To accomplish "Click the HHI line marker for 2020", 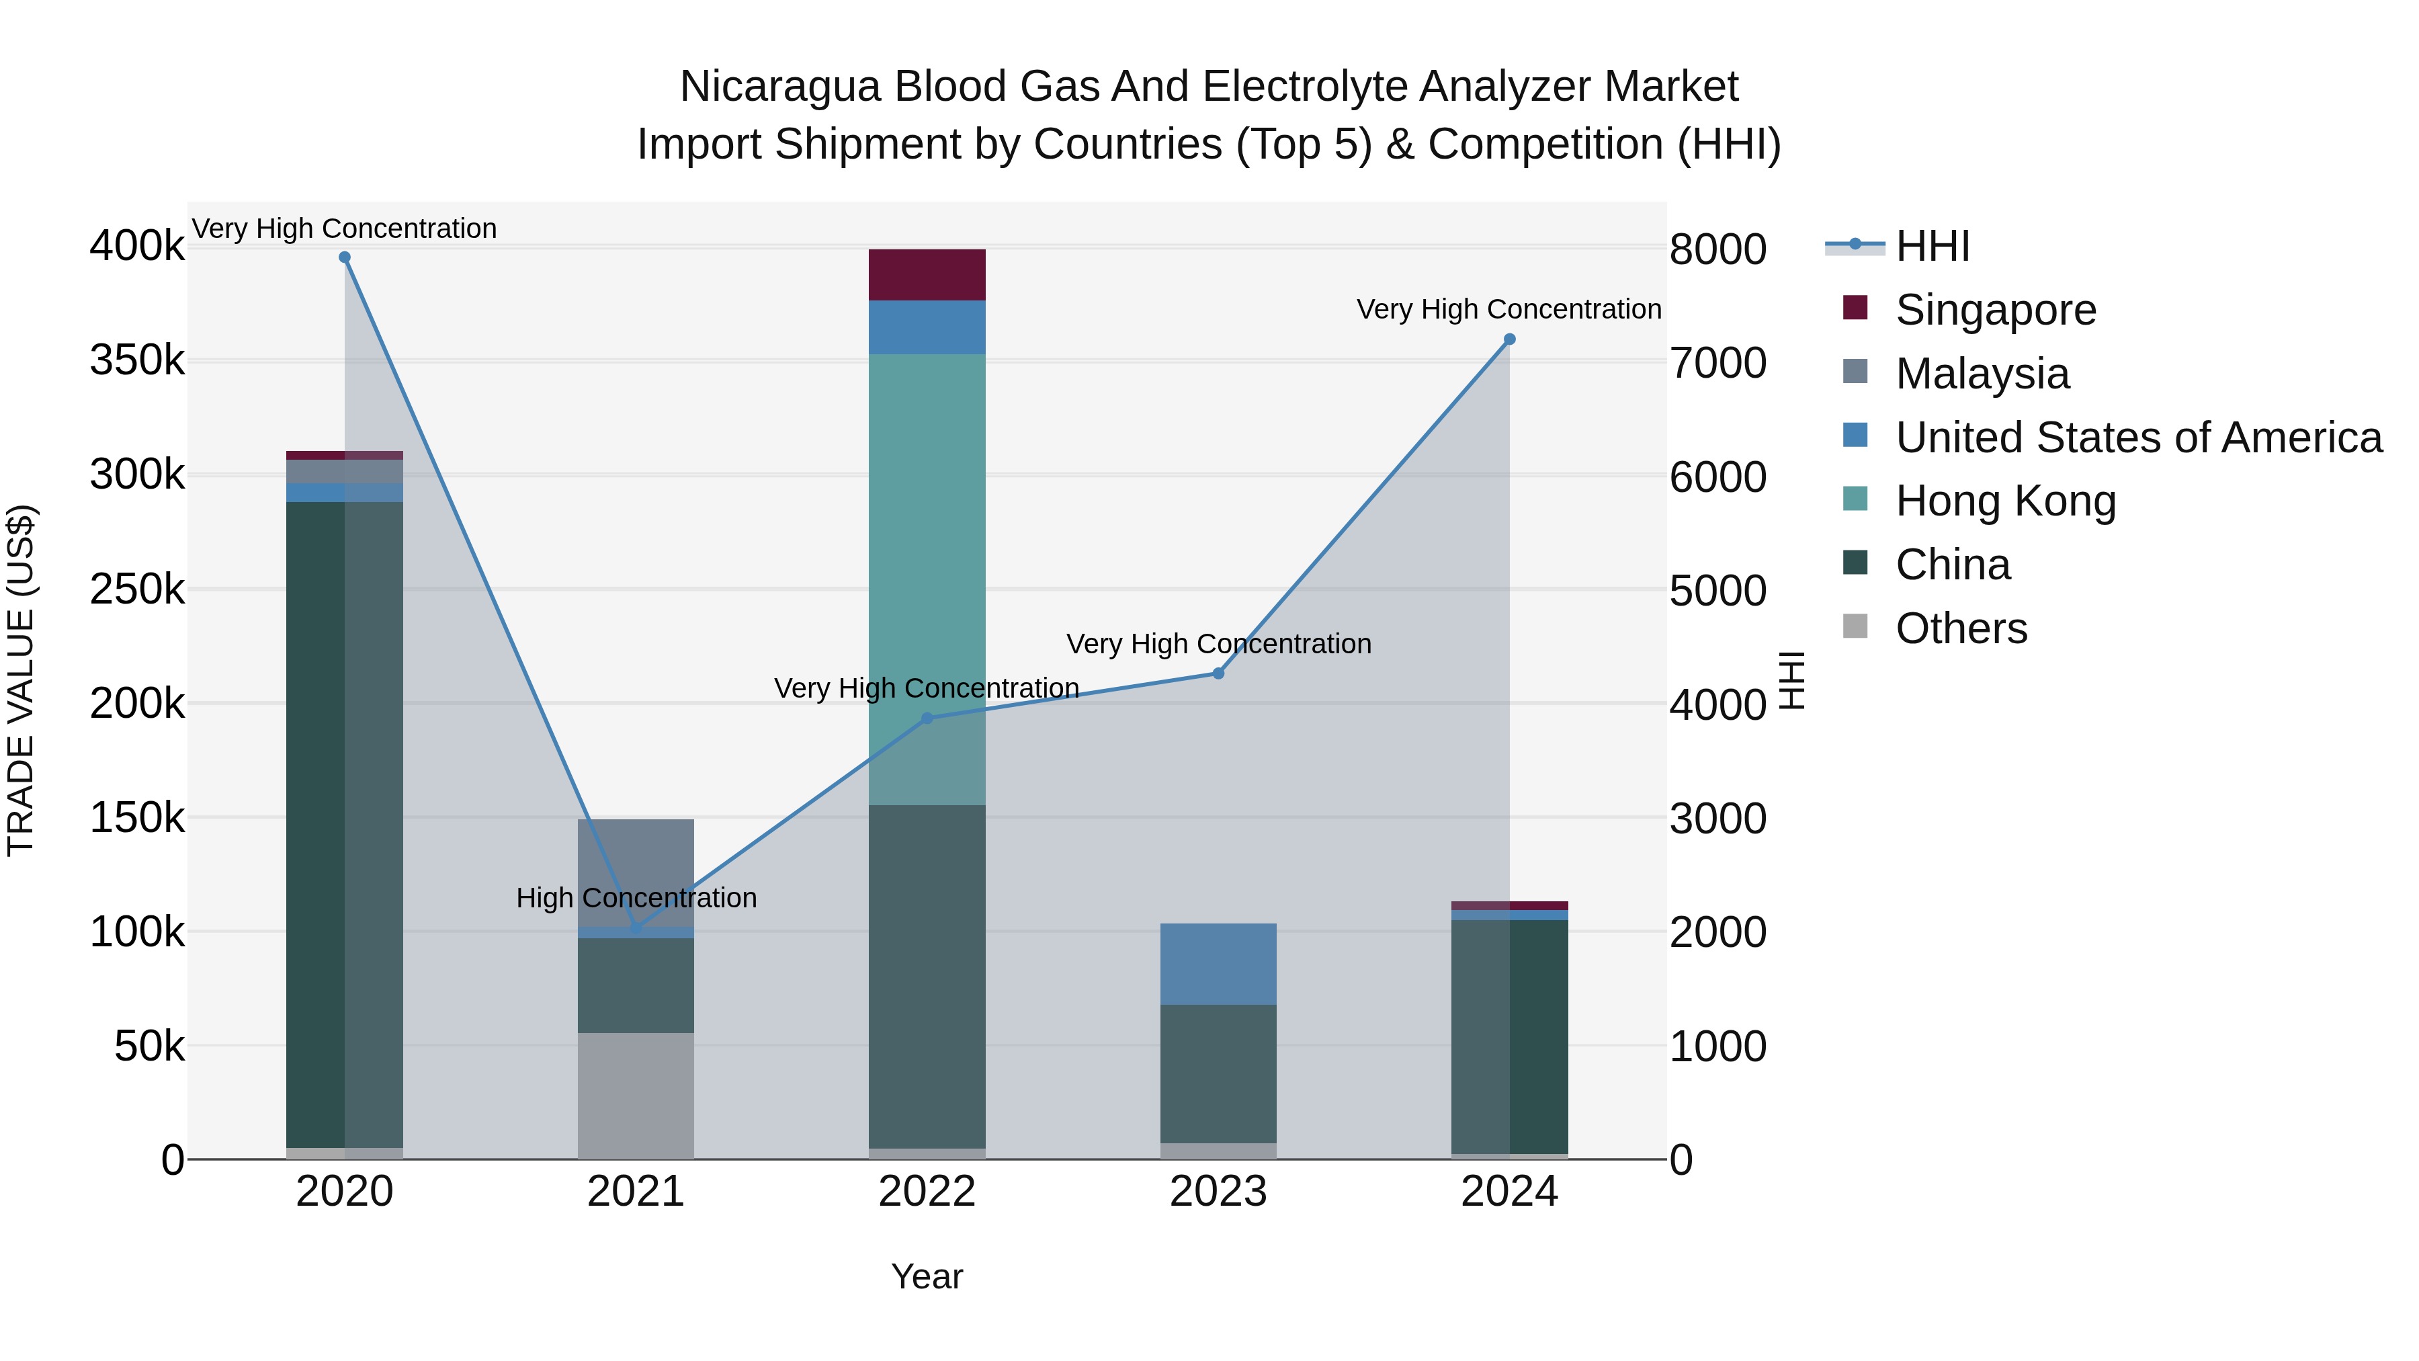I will (x=345, y=257).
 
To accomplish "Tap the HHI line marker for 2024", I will (x=1509, y=339).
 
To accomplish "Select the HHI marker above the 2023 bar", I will (x=1218, y=673).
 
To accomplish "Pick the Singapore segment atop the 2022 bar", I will (x=927, y=274).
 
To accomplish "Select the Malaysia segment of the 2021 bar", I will (x=636, y=872).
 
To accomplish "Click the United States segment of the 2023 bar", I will (x=1218, y=964).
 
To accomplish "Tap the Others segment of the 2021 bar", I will (x=636, y=1096).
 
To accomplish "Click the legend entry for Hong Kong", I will (x=2005, y=501).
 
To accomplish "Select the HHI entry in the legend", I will (x=1932, y=246).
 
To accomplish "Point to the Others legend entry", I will (x=1961, y=628).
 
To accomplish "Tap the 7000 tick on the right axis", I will (x=1717, y=364).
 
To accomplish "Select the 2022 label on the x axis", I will (x=927, y=1192).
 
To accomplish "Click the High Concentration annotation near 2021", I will (x=636, y=898).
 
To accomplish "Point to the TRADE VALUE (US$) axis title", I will (x=21, y=680).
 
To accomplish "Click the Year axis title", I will (x=927, y=1276).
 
